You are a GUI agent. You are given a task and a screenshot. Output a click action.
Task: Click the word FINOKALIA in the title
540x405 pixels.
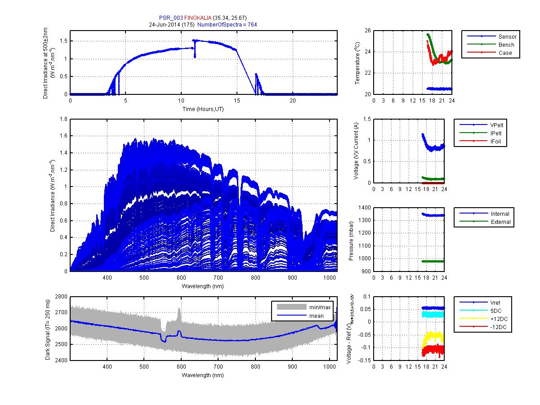tap(197, 18)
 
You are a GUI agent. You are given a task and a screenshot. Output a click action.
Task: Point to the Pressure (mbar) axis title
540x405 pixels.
tap(351, 239)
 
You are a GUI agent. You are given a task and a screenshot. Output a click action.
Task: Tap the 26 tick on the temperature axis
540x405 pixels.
tap(368, 31)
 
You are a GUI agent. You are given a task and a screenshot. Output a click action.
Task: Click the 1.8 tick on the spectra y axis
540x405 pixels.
tap(64, 119)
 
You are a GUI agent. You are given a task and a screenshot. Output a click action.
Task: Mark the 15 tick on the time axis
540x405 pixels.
tap(237, 101)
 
